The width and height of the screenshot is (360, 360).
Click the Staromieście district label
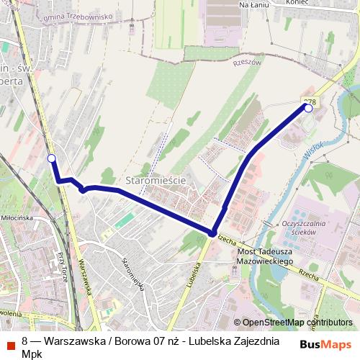(156, 180)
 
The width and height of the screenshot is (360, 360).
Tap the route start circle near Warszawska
(51, 158)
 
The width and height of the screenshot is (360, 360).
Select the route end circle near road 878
(309, 108)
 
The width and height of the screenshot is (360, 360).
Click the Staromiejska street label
(134, 274)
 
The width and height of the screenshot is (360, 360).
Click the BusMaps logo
(327, 344)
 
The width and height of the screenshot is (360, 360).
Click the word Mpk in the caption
(32, 354)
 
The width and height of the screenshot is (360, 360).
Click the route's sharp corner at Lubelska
(212, 233)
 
